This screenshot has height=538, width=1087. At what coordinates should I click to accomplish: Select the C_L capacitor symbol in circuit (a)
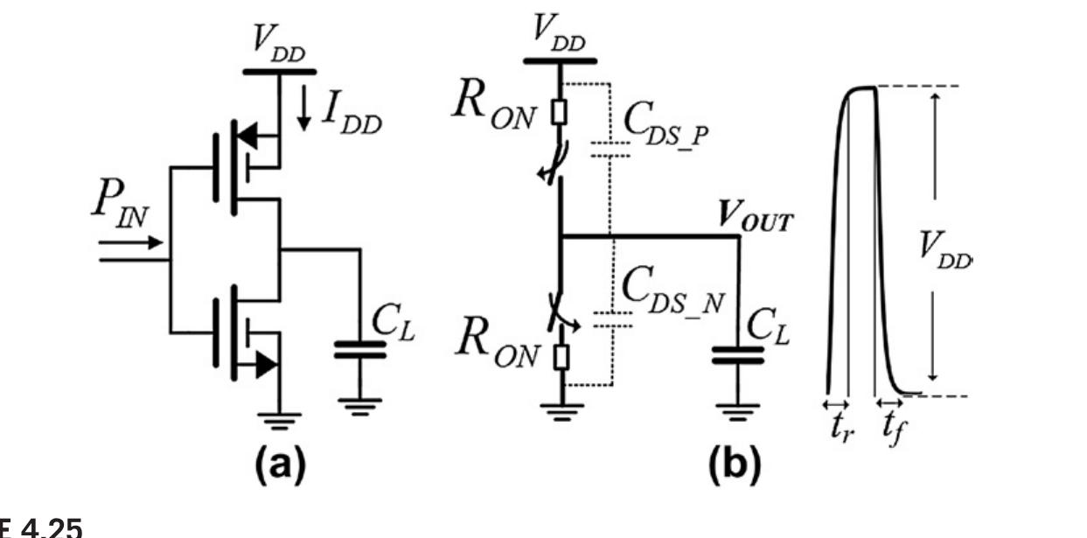(x=359, y=350)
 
